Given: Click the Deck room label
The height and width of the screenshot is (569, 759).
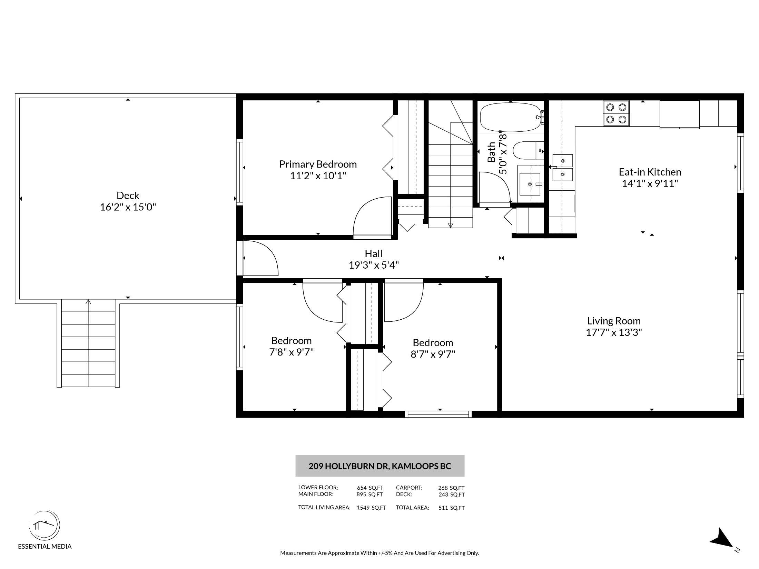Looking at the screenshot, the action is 128,196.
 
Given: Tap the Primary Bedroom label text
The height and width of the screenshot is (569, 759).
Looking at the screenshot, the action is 318,164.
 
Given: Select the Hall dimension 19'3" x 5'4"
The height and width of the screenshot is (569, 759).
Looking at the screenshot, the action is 374,265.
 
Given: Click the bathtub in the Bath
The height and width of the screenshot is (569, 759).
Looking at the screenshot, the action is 510,117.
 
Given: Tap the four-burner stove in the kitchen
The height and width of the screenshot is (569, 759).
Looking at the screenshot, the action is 616,113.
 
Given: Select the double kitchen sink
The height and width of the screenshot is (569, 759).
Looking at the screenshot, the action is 563,168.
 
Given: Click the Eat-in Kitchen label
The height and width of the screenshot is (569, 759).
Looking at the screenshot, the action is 650,172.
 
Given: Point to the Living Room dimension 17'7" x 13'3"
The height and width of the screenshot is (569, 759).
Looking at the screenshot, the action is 614,332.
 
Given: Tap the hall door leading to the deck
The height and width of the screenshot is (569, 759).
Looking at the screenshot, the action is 260,258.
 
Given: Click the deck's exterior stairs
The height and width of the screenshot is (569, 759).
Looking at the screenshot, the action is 88,343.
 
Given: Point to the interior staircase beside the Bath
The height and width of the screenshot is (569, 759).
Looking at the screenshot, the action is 451,164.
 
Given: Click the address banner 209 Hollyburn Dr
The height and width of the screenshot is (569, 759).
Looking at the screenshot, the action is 380,466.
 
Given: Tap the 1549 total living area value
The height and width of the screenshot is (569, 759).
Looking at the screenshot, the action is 363,508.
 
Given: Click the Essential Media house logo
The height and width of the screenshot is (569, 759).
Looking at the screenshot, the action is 44,526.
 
